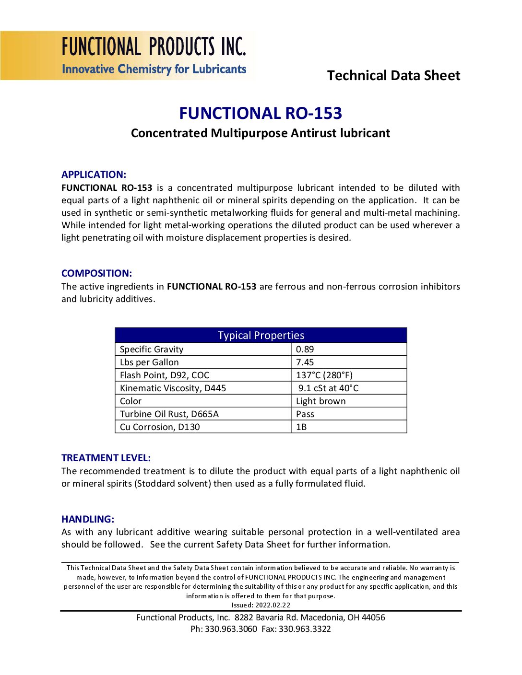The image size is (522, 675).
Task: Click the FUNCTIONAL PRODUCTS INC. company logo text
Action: (x=154, y=47)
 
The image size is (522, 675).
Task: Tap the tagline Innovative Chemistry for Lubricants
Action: (x=154, y=69)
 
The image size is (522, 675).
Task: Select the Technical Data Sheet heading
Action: (x=393, y=75)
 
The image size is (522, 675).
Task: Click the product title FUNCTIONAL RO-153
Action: (x=261, y=113)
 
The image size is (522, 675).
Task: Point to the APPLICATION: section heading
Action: (x=94, y=175)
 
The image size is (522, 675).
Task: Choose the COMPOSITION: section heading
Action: (x=96, y=273)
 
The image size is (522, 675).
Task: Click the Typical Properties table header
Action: (x=261, y=335)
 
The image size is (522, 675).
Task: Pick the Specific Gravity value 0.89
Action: (x=305, y=349)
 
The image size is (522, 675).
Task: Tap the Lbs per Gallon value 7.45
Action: (x=305, y=362)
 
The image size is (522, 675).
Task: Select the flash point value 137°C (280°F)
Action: (x=324, y=375)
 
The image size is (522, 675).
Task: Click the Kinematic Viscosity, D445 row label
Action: (x=173, y=388)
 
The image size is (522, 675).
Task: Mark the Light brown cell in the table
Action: (x=320, y=401)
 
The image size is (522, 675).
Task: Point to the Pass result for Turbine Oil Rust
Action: (x=305, y=414)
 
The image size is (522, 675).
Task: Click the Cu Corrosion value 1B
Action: (x=301, y=427)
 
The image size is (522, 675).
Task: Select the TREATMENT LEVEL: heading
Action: (x=106, y=458)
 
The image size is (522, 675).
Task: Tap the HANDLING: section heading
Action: (x=88, y=519)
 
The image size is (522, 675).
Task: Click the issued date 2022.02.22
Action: (x=273, y=605)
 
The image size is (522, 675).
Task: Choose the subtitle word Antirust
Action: (x=314, y=133)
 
